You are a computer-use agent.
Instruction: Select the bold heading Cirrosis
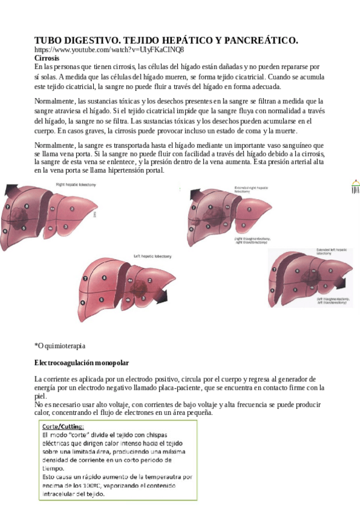click(x=47, y=58)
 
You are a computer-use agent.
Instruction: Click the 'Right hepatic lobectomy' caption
click(x=76, y=185)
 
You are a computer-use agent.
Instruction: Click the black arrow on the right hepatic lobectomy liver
click(x=11, y=191)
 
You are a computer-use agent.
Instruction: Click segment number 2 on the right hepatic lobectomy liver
click(x=72, y=209)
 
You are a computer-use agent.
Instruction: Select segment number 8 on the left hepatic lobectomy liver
click(x=104, y=278)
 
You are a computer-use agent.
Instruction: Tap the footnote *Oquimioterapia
click(x=60, y=346)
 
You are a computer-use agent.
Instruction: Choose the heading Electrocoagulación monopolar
click(x=82, y=363)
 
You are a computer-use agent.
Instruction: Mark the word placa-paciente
click(x=177, y=388)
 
